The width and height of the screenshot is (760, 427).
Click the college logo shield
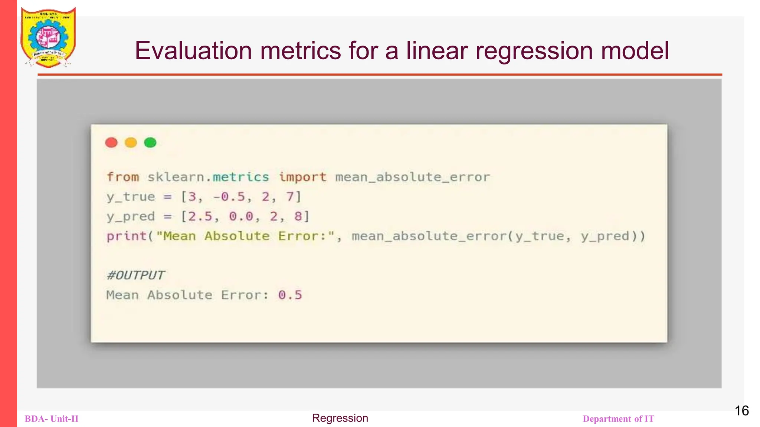click(48, 37)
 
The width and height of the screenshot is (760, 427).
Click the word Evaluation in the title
click(193, 51)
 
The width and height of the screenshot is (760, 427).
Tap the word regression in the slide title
click(534, 51)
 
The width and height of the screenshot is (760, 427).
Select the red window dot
click(111, 142)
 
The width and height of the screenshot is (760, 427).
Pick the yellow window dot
click(131, 142)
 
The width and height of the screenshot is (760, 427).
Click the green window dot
click(150, 142)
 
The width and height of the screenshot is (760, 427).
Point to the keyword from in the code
click(122, 177)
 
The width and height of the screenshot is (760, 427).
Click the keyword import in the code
click(302, 177)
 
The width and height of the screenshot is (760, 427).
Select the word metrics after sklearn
click(240, 177)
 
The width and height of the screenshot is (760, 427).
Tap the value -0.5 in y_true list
click(229, 197)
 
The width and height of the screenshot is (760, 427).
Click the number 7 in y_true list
click(290, 197)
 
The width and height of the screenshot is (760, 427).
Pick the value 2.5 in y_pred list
click(200, 216)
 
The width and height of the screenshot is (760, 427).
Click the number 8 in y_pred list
click(298, 216)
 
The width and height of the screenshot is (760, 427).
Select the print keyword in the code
click(127, 236)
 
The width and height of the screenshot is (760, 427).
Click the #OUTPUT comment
click(135, 275)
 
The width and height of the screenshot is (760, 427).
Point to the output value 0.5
click(290, 295)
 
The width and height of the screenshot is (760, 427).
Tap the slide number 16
click(741, 411)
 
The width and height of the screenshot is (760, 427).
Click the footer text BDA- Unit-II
click(52, 419)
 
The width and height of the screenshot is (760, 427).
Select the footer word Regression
click(340, 418)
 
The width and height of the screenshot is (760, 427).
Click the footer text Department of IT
click(618, 419)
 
